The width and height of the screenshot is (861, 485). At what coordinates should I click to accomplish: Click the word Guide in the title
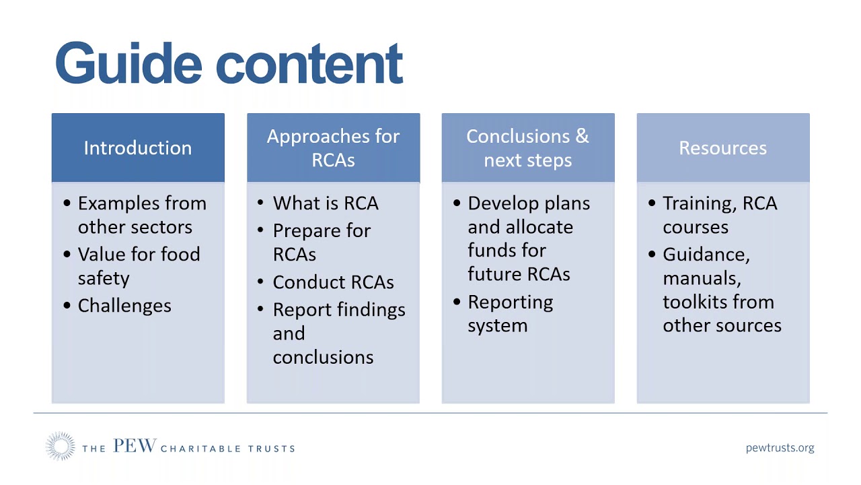128,63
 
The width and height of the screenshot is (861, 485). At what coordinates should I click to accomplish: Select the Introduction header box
138,148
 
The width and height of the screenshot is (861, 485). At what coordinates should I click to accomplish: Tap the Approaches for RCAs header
333,148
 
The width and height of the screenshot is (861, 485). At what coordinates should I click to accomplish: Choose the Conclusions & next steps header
528,148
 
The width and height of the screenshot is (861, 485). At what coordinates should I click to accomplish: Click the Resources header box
722,148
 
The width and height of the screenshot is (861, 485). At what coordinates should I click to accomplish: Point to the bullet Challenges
124,306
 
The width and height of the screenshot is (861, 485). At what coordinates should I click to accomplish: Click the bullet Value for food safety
138,266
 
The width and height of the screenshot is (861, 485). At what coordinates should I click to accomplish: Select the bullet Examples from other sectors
141,215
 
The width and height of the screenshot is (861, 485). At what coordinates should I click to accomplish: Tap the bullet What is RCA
326,203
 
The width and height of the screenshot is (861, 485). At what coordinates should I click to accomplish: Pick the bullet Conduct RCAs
333,282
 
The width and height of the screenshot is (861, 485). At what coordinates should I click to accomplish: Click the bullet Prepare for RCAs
321,242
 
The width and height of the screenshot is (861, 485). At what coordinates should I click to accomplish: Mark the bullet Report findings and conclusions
338,333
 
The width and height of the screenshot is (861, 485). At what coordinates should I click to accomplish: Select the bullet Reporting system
509,313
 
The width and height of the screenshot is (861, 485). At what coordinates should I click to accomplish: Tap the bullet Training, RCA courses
718,215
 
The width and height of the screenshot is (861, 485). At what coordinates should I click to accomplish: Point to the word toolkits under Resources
718,302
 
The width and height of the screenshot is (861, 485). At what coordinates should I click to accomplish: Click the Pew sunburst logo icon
60,447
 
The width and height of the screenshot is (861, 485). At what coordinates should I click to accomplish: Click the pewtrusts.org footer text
780,447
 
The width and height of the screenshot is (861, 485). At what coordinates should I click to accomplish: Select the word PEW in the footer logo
135,446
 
